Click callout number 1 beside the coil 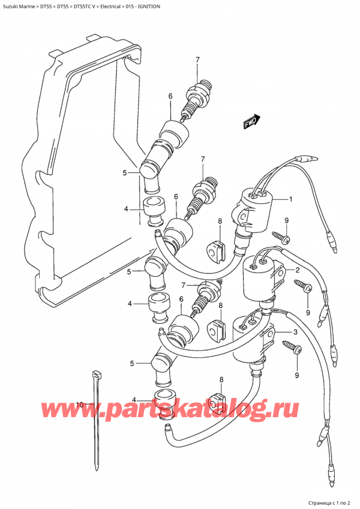[x=290, y=199]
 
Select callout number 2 [x=296, y=270]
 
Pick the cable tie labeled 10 [x=97, y=420]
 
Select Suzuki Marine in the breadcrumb [x=18, y=5]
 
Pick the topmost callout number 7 [x=196, y=59]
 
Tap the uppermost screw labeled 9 [x=281, y=238]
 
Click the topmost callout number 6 [x=170, y=96]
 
